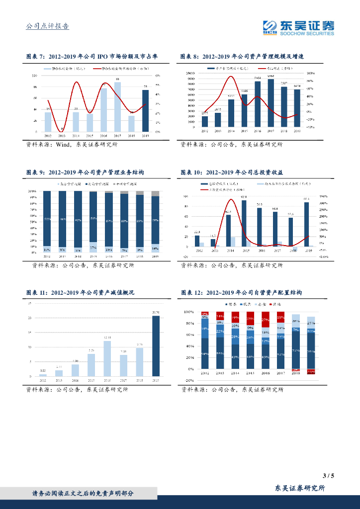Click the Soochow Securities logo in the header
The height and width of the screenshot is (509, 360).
click(x=298, y=27)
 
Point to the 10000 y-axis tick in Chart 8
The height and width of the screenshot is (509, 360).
click(x=191, y=73)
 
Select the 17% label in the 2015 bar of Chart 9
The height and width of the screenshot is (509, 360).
click(x=93, y=247)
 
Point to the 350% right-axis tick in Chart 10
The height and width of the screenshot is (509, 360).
click(x=323, y=196)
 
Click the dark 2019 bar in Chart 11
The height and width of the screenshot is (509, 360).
click(x=156, y=346)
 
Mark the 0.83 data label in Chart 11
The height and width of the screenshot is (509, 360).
click(x=43, y=371)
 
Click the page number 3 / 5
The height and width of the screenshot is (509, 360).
click(x=328, y=476)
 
